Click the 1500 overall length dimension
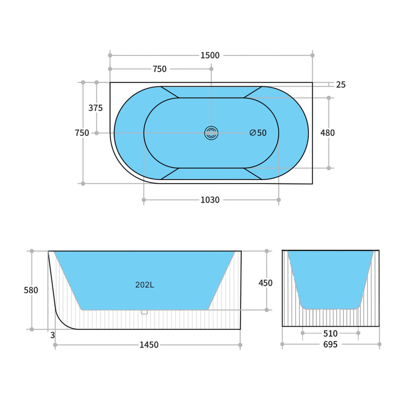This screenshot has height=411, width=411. coord(210,56)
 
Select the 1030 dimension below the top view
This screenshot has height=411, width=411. coord(210,200)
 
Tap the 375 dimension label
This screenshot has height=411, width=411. coord(96,108)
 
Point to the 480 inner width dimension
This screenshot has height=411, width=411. coord(328,133)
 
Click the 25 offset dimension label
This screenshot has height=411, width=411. coord(341,85)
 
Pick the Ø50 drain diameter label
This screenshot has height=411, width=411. coord(258,133)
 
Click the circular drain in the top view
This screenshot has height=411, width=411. coord(211,133)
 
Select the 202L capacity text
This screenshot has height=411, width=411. coord(145,285)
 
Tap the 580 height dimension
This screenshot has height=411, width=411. coord(31,290)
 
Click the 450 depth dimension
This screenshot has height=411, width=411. coord(265,283)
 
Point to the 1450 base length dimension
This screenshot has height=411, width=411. coord(149,345)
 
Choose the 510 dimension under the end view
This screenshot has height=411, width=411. coord(330,334)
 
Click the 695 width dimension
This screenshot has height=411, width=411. coord(330,344)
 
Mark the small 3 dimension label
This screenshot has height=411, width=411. coord(52,335)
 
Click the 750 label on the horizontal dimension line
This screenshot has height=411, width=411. coord(159,69)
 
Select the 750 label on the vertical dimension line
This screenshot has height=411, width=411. coord(82,133)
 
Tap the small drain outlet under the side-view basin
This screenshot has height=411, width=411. coord(144,312)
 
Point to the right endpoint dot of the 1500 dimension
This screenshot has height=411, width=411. coord(312,56)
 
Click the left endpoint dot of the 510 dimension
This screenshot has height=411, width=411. coord(303,333)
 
